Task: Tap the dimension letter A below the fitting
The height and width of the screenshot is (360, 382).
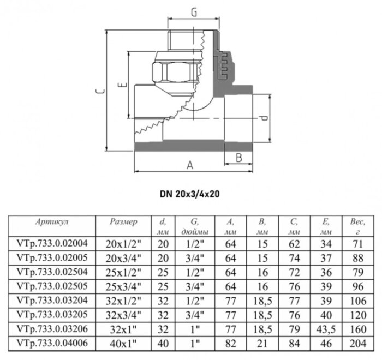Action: (190, 165)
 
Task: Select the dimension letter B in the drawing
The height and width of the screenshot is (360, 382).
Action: (238, 158)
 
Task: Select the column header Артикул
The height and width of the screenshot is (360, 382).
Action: (51, 223)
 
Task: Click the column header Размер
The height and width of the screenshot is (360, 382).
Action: (123, 223)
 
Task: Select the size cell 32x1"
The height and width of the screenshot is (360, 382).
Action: (123, 328)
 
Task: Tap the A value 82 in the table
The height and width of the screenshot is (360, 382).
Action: (230, 343)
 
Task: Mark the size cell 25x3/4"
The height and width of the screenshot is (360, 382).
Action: (123, 286)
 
